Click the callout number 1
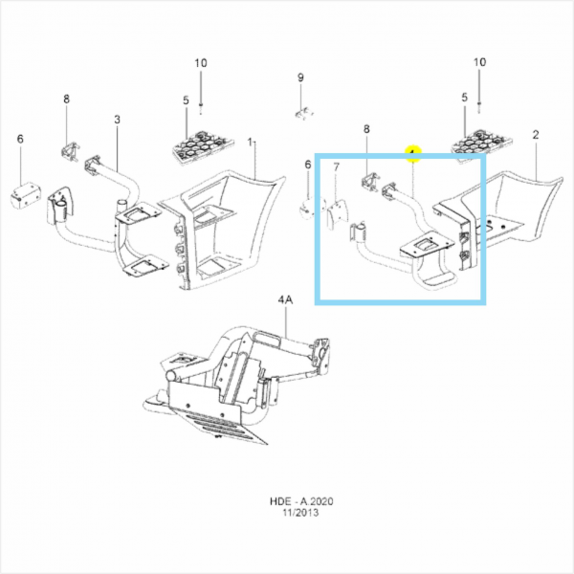tap(253, 142)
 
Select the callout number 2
tap(535, 136)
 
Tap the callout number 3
tap(117, 120)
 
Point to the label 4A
tap(284, 299)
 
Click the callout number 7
tap(336, 166)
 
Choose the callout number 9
tap(299, 77)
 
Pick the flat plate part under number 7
tap(336, 212)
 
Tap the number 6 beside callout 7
tap(308, 165)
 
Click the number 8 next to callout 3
tap(67, 99)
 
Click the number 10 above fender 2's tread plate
tap(480, 63)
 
